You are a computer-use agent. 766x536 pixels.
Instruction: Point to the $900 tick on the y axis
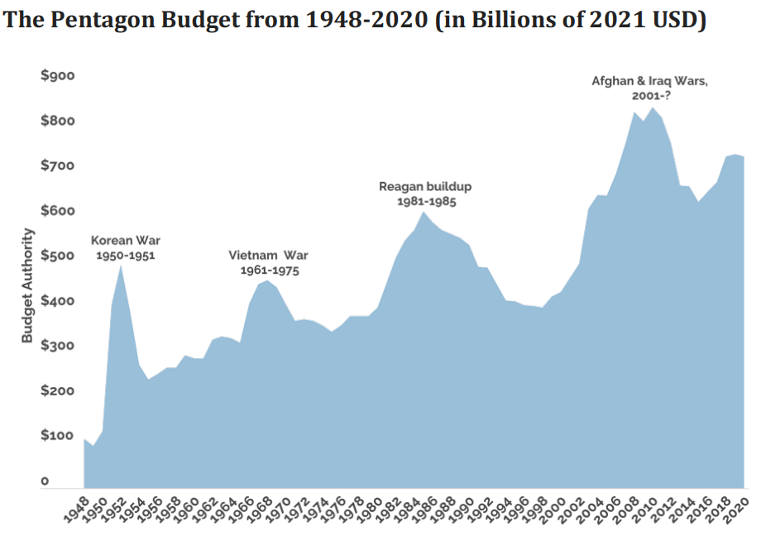pyautogui.click(x=58, y=76)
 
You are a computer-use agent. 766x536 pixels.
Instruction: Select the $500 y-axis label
pyautogui.click(x=58, y=256)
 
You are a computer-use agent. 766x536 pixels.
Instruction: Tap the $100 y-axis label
pyautogui.click(x=58, y=435)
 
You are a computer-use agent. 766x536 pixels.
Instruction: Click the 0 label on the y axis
pyautogui.click(x=45, y=481)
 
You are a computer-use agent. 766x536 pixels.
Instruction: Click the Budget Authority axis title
pyautogui.click(x=27, y=285)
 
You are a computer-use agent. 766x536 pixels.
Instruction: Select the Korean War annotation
pyautogui.click(x=126, y=247)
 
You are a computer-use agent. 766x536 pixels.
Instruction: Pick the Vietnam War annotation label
pyautogui.click(x=268, y=262)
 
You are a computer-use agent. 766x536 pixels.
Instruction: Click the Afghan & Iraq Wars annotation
pyautogui.click(x=650, y=89)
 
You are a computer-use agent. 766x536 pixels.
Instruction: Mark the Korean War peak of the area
pyautogui.click(x=121, y=265)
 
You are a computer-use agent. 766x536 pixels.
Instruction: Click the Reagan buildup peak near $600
pyautogui.click(x=424, y=213)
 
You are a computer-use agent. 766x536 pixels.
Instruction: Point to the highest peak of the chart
pyautogui.click(x=653, y=108)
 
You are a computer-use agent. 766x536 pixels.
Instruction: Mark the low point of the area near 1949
pyautogui.click(x=93, y=447)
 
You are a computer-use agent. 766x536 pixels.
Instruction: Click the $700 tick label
pyautogui.click(x=58, y=165)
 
